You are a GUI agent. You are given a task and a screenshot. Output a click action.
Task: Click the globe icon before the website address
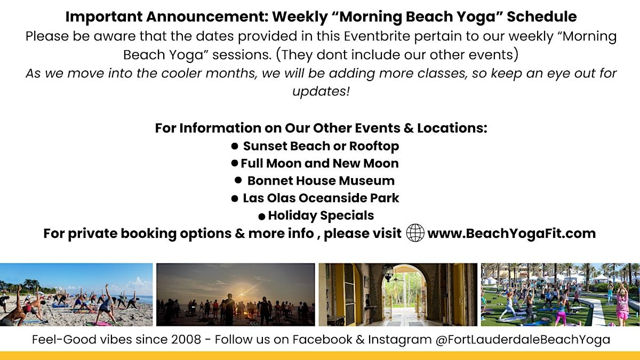[415, 233]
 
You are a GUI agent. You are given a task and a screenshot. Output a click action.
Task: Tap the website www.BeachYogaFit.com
[511, 234]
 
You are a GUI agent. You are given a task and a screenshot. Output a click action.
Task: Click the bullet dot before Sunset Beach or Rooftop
[235, 146]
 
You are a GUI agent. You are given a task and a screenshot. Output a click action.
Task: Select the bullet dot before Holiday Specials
[262, 217]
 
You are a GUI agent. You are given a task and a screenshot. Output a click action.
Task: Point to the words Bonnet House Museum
[321, 181]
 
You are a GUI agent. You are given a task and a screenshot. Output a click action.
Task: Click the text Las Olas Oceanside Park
[321, 198]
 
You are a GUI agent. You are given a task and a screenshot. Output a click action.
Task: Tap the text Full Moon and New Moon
[319, 163]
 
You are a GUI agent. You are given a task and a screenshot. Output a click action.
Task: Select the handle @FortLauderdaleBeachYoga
[523, 340]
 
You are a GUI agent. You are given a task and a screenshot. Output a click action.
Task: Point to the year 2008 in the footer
[186, 339]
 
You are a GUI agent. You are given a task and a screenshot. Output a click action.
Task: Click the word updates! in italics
[321, 92]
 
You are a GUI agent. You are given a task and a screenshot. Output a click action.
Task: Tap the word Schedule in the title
[542, 17]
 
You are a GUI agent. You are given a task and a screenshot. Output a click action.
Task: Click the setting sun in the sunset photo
[243, 294]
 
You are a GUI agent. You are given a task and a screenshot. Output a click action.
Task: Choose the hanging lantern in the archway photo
[388, 273]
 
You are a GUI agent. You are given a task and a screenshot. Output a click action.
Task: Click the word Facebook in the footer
[322, 339]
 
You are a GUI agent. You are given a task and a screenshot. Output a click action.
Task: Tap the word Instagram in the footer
[399, 340]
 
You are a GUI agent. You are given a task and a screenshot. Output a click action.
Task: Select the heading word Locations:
[452, 128]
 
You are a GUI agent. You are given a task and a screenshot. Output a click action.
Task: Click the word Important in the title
[103, 17]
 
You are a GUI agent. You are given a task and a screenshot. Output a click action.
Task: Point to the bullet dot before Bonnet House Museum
[238, 180]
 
